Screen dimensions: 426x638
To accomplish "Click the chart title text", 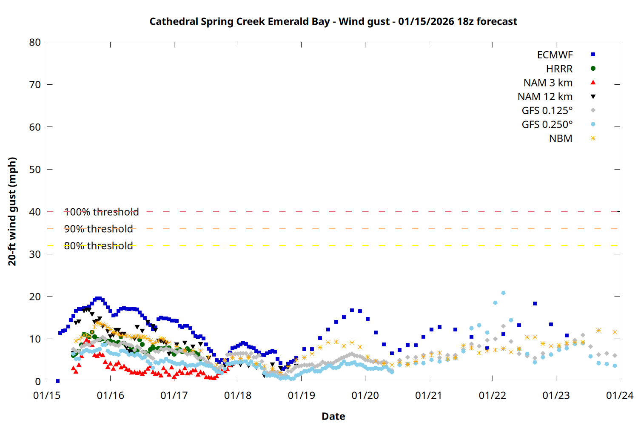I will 333,21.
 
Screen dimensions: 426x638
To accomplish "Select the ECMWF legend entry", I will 555,55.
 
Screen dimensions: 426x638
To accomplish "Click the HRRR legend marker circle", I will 593,69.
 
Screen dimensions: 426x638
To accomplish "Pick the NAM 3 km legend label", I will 548,83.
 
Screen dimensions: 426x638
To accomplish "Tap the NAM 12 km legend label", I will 545,97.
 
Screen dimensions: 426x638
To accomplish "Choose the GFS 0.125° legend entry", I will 547,111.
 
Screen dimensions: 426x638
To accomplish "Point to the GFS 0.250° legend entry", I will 547,125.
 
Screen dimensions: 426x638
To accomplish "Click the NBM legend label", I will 561,139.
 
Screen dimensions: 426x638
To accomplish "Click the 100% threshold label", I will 101,212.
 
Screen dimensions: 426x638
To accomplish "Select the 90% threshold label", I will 98,229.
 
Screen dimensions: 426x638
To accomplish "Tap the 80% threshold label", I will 98,246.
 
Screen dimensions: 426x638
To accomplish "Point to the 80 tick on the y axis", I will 35,42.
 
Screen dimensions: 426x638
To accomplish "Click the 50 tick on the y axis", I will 35,170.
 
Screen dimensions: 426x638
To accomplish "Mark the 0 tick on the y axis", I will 38,382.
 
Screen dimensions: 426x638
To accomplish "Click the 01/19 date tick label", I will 301,396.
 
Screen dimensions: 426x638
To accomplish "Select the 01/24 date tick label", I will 619,396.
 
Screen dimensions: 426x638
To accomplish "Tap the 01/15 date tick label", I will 47,396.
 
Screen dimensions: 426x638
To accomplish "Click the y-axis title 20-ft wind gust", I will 12,211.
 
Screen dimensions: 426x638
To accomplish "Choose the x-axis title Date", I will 333,416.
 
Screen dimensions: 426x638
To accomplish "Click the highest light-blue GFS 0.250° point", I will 503,293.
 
